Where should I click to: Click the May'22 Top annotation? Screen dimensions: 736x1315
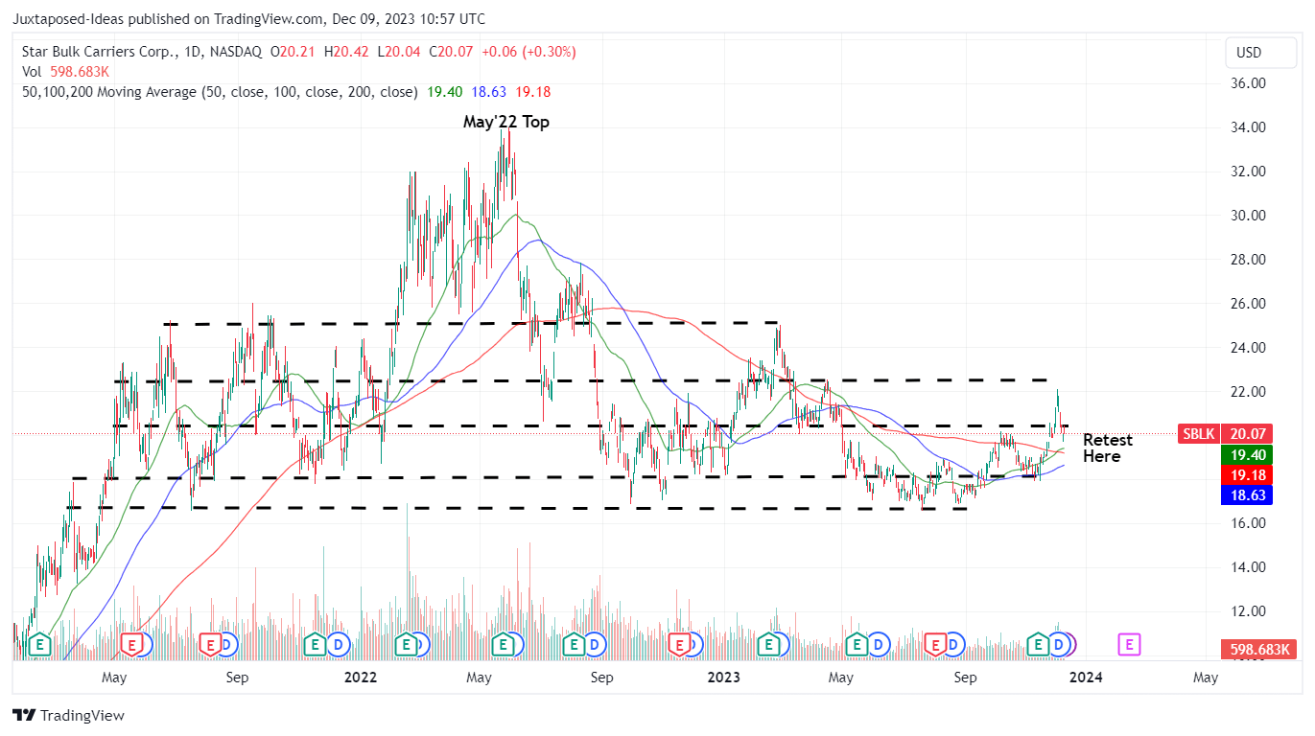[x=505, y=122]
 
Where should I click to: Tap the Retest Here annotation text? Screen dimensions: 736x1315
[x=1107, y=448]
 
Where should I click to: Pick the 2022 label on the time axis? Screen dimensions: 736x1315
[x=361, y=678]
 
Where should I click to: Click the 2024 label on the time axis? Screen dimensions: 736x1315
[x=1086, y=678]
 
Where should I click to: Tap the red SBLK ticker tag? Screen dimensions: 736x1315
[x=1198, y=433]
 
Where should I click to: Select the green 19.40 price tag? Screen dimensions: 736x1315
[x=1253, y=455]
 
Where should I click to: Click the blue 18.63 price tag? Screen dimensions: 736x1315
[x=1253, y=495]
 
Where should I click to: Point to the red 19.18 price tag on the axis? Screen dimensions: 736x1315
[x=1253, y=475]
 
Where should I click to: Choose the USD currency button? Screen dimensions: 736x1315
[x=1249, y=53]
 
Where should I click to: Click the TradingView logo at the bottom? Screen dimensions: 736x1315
[x=69, y=715]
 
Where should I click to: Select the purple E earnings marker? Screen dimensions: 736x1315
[x=1130, y=645]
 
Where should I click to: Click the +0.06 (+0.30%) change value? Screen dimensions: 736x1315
[x=528, y=52]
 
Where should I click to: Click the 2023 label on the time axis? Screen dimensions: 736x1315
[x=723, y=678]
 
